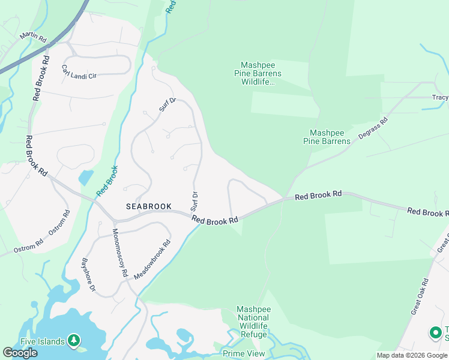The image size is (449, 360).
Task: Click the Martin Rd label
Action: (x=33, y=37)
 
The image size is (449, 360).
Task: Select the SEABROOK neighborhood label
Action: (x=149, y=206)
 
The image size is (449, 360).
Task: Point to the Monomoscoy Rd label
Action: (x=121, y=251)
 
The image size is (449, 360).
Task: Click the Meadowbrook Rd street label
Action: (x=152, y=259)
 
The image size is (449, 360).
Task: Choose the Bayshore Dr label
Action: (x=89, y=275)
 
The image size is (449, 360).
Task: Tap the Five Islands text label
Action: (x=43, y=341)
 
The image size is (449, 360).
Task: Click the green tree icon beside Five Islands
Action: (x=74, y=341)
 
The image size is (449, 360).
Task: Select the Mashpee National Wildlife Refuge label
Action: (x=254, y=322)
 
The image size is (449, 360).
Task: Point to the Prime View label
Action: (x=243, y=353)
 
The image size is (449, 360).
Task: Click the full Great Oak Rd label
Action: (x=420, y=296)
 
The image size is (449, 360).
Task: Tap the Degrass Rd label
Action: (x=373, y=128)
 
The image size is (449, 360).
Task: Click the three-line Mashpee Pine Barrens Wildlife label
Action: (x=261, y=73)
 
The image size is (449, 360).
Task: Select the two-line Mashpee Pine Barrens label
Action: (x=330, y=137)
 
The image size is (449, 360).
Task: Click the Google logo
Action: (x=20, y=353)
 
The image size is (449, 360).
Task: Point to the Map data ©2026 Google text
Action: (x=412, y=355)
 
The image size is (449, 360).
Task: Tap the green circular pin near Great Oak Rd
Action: (x=436, y=332)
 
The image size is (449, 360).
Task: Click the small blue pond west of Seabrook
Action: (x=85, y=178)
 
